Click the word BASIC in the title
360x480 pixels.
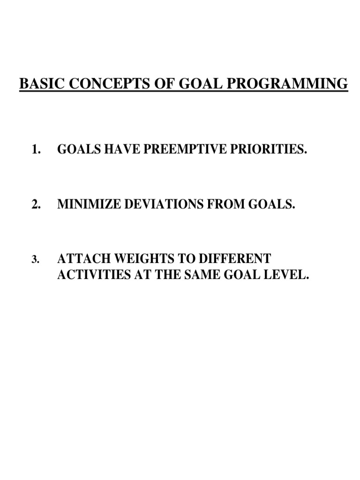pyautogui.click(x=37, y=84)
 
